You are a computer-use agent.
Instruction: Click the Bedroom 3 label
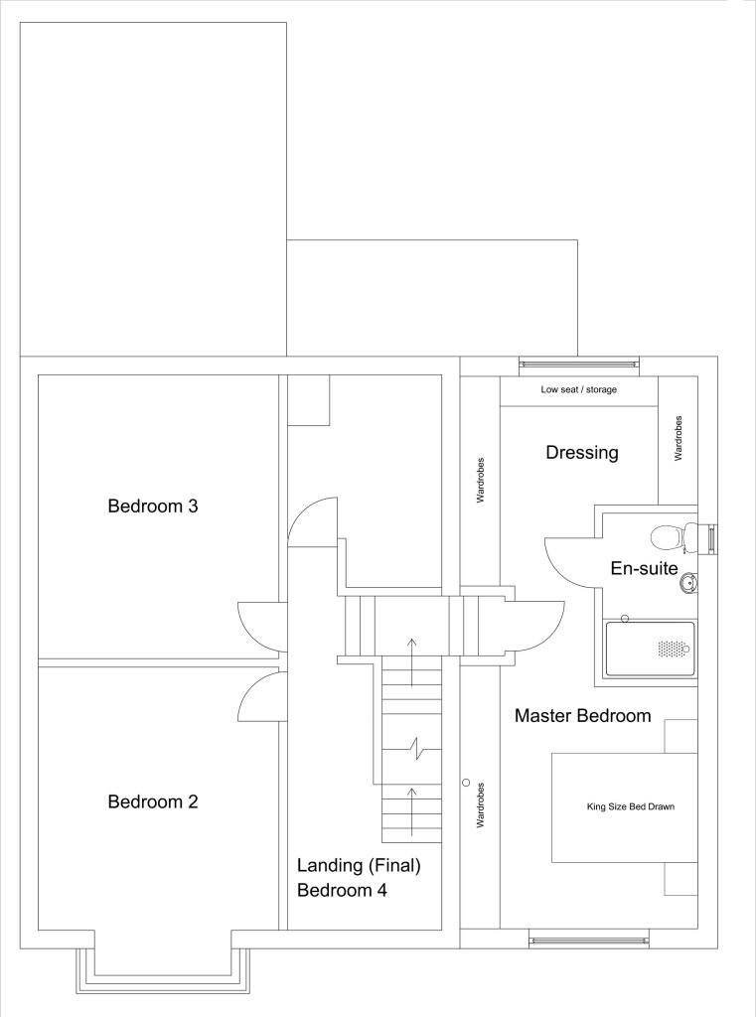pos(153,506)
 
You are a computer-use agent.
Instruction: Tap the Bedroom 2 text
pos(153,801)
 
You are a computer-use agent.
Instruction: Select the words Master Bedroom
pos(582,715)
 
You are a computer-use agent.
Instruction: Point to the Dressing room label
pos(582,453)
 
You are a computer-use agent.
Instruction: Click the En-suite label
pos(644,569)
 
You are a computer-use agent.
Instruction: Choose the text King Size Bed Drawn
pos(630,806)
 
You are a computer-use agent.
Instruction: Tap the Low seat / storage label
pos(578,389)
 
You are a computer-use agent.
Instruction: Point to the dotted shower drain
pos(673,648)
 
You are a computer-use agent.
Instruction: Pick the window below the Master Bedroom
pos(589,938)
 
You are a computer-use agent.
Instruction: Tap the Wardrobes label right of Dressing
pos(679,437)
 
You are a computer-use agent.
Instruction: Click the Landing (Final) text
pos(360,866)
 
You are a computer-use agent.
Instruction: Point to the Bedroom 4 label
pos(342,890)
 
